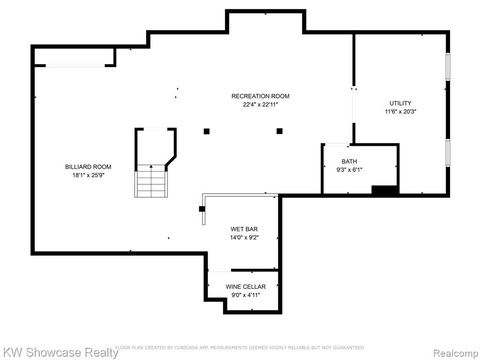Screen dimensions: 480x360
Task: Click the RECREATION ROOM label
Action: pyautogui.click(x=260, y=96)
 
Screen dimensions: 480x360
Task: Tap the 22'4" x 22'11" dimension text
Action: pyautogui.click(x=260, y=105)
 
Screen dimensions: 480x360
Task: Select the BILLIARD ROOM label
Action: pyautogui.click(x=88, y=167)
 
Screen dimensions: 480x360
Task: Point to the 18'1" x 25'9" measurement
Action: pyautogui.click(x=88, y=175)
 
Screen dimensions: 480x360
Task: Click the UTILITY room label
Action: pyautogui.click(x=400, y=103)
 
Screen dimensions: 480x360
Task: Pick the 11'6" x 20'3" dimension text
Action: pyautogui.click(x=400, y=112)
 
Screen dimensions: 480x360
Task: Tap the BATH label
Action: pyautogui.click(x=349, y=161)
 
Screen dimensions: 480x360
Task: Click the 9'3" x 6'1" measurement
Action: pyautogui.click(x=349, y=170)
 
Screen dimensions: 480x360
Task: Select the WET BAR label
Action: pyautogui.click(x=244, y=229)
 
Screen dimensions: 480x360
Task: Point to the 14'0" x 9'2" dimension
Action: pyautogui.click(x=244, y=237)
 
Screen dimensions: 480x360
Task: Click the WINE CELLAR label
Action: pyautogui.click(x=246, y=287)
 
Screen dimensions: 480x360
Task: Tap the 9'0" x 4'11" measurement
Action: pyautogui.click(x=246, y=295)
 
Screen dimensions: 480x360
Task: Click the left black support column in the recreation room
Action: pyautogui.click(x=207, y=131)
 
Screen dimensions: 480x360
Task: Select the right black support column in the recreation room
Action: pyautogui.click(x=279, y=131)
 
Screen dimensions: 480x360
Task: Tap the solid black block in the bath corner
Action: pyautogui.click(x=385, y=190)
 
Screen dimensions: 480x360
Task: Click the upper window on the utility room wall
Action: pyautogui.click(x=448, y=67)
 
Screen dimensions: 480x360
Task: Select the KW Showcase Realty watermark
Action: pyautogui.click(x=60, y=352)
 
